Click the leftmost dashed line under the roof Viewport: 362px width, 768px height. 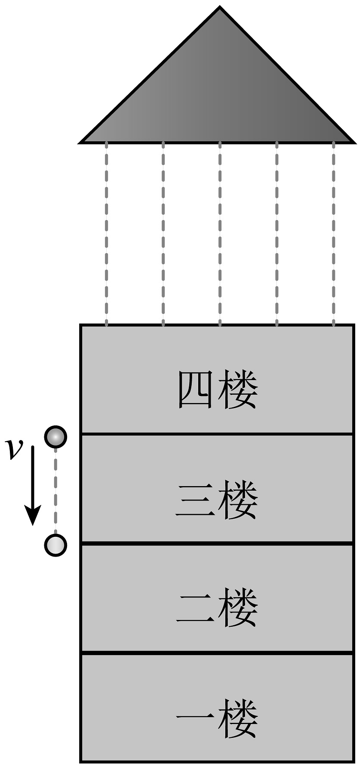pyautogui.click(x=106, y=232)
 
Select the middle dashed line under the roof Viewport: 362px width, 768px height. pyautogui.click(x=220, y=232)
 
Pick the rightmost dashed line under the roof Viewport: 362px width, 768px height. pyautogui.click(x=334, y=232)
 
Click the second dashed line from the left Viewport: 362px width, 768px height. pyautogui.click(x=163, y=232)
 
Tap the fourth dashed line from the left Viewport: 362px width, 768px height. pyautogui.click(x=276, y=232)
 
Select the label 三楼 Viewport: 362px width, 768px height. pyautogui.click(x=218, y=500)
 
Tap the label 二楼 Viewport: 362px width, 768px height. pyautogui.click(x=218, y=609)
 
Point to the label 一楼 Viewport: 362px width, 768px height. pyautogui.click(x=218, y=718)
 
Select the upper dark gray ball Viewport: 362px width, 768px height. pyautogui.click(x=55, y=437)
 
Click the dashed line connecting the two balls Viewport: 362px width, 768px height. pyautogui.click(x=55, y=491)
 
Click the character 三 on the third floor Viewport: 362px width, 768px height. pyautogui.click(x=195, y=500)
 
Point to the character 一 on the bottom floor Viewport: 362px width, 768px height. pyautogui.click(x=195, y=718)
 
